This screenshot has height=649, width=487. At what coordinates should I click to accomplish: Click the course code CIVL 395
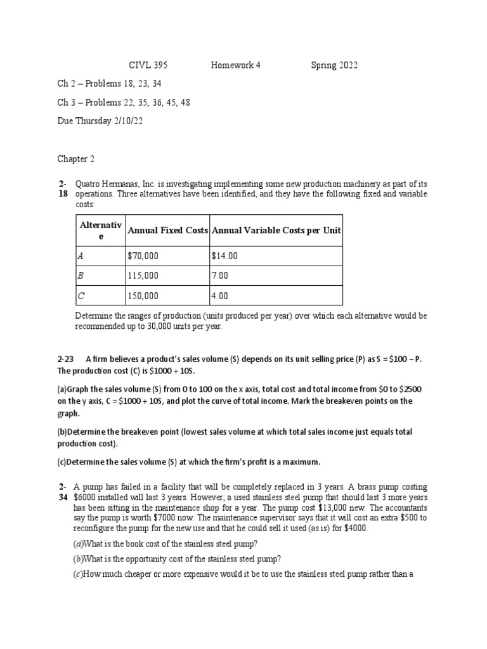coord(148,65)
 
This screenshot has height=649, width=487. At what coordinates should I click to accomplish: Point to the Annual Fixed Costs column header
coord(167,231)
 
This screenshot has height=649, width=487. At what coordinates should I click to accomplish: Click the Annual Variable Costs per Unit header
coord(276,231)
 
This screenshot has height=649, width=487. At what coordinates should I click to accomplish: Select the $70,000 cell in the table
coord(143,256)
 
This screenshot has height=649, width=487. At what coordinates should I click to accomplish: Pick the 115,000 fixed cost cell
coord(142,276)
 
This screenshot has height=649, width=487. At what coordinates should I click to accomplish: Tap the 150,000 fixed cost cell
coord(142,295)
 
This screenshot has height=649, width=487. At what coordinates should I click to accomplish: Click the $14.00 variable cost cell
coord(225,256)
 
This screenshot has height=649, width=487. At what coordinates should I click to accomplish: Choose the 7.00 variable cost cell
coord(220,276)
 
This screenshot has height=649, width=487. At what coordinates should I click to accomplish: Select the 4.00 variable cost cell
coord(220,295)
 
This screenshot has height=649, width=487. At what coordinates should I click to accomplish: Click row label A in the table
coord(80,256)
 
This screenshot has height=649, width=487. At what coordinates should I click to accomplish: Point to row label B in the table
coord(80,276)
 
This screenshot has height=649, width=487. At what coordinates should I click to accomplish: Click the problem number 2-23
coord(67,359)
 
